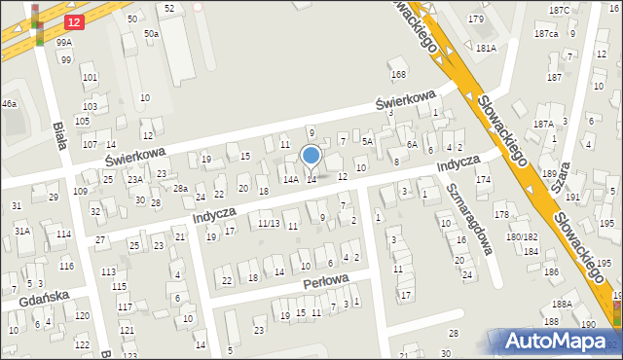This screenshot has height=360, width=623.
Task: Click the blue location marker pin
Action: (x=311, y=156)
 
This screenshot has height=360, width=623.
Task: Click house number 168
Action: (x=397, y=75)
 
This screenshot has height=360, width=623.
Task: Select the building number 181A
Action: (x=486, y=48)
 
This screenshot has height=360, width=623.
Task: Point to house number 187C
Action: (x=559, y=10)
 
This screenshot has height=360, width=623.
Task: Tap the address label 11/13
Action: (x=269, y=223)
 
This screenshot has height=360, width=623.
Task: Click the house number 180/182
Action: (x=522, y=237)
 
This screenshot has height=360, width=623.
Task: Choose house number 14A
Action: (x=290, y=180)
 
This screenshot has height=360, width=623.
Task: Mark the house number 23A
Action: (x=134, y=180)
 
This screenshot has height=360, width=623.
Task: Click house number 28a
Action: (x=180, y=188)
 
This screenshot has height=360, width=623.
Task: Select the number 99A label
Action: (x=63, y=43)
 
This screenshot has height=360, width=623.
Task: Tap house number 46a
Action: (x=8, y=103)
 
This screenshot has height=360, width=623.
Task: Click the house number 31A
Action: (x=21, y=231)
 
